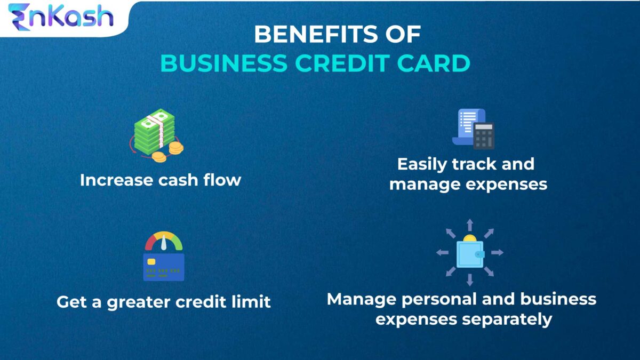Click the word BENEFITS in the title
coord(313,35)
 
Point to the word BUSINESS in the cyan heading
coord(223,63)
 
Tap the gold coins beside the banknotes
coord(168,151)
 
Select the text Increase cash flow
coord(161,180)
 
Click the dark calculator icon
coord(483,135)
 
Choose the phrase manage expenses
coord(468,184)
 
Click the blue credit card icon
coord(164,267)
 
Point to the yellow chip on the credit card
coord(151,262)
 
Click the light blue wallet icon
coord(470,254)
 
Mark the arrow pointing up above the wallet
coord(470,224)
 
